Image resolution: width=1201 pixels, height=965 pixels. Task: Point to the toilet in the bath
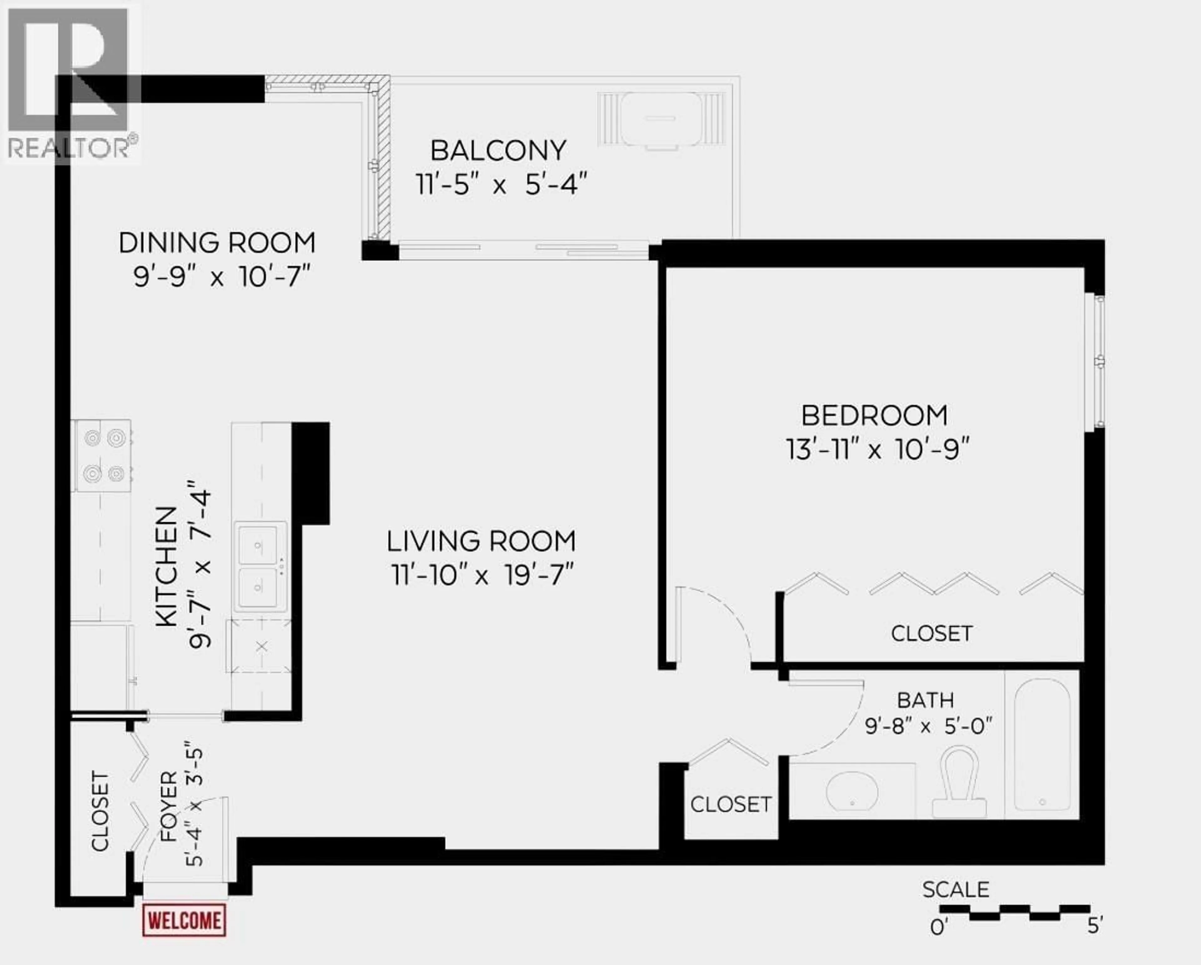pyautogui.click(x=959, y=783)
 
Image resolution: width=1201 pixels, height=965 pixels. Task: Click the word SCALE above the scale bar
pyautogui.click(x=955, y=890)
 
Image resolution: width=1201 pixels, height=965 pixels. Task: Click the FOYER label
pyautogui.click(x=168, y=805)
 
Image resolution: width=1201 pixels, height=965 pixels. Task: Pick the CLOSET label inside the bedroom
pyautogui.click(x=931, y=633)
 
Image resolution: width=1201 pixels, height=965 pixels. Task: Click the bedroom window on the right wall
pyautogui.click(x=1098, y=362)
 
